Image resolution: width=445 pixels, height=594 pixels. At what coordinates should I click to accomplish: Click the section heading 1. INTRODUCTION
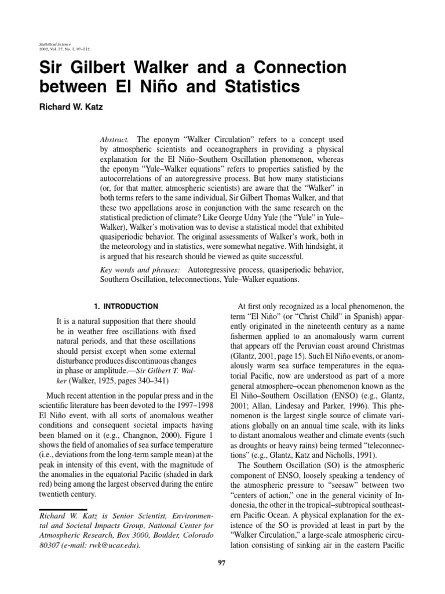coord(125,306)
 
